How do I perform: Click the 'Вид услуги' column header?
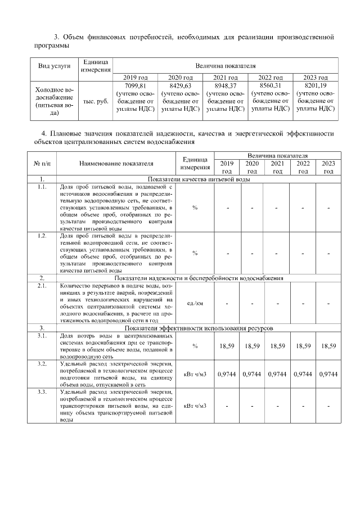coord(54,65)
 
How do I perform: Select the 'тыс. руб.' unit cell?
coord(96,102)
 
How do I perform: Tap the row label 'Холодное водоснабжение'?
coord(54,101)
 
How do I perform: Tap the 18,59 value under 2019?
coord(226,346)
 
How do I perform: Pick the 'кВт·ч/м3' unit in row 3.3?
coord(195,406)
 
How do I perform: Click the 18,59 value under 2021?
coord(277,346)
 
